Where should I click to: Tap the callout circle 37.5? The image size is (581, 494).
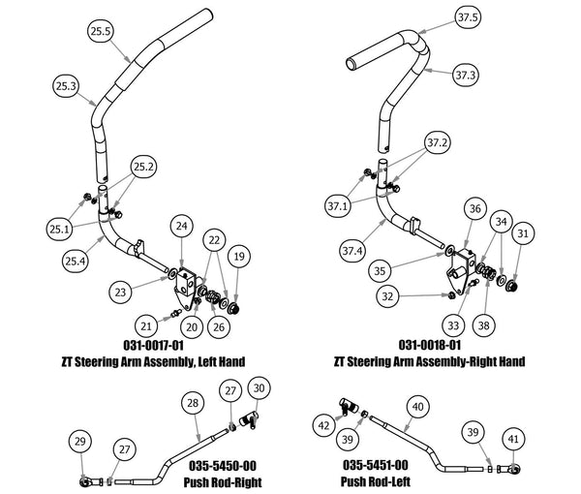[468, 18]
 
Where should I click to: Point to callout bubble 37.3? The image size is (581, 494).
[467, 74]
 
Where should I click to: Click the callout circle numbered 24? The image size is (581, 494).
[180, 226]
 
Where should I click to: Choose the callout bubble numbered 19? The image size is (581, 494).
[237, 257]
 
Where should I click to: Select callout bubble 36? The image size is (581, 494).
[474, 208]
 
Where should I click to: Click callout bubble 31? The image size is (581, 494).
[523, 233]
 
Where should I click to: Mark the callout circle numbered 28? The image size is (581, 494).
[192, 403]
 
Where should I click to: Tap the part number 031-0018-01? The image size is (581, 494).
[429, 345]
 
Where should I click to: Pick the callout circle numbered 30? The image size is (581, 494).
[259, 387]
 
